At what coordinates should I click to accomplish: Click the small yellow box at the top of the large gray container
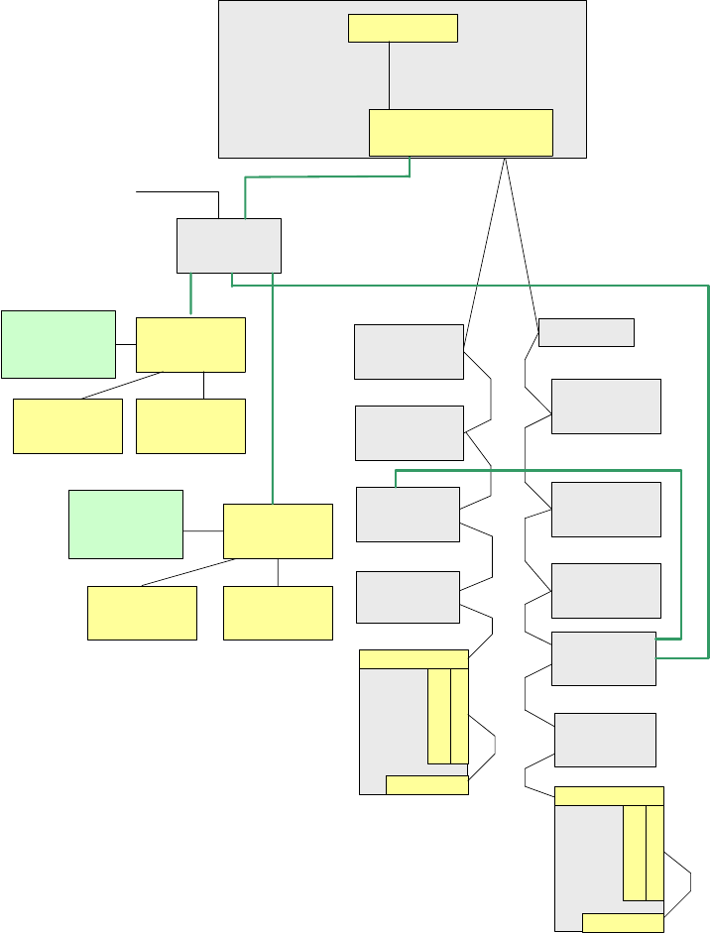403,29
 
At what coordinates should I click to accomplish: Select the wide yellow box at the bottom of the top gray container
460,133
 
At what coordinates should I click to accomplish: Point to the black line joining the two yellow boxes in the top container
390,75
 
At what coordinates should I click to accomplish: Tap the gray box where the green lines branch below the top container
229,245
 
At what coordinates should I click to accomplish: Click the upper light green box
58,344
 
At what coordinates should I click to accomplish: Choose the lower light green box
125,524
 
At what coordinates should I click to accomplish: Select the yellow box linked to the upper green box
190,345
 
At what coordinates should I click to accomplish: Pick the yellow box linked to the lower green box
278,530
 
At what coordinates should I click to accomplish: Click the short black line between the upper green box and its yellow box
125,344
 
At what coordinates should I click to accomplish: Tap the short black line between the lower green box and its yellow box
203,530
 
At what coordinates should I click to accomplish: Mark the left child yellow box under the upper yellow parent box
67,426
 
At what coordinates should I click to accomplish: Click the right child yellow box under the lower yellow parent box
278,613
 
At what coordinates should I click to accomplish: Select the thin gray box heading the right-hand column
586,332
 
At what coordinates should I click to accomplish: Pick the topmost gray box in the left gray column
409,351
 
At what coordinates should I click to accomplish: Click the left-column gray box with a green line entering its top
408,514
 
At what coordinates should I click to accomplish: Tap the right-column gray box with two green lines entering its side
603,658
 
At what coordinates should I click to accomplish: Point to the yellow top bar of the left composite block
414,659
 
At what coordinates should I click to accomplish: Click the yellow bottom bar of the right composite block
623,923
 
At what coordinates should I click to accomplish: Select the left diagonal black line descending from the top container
486,248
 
